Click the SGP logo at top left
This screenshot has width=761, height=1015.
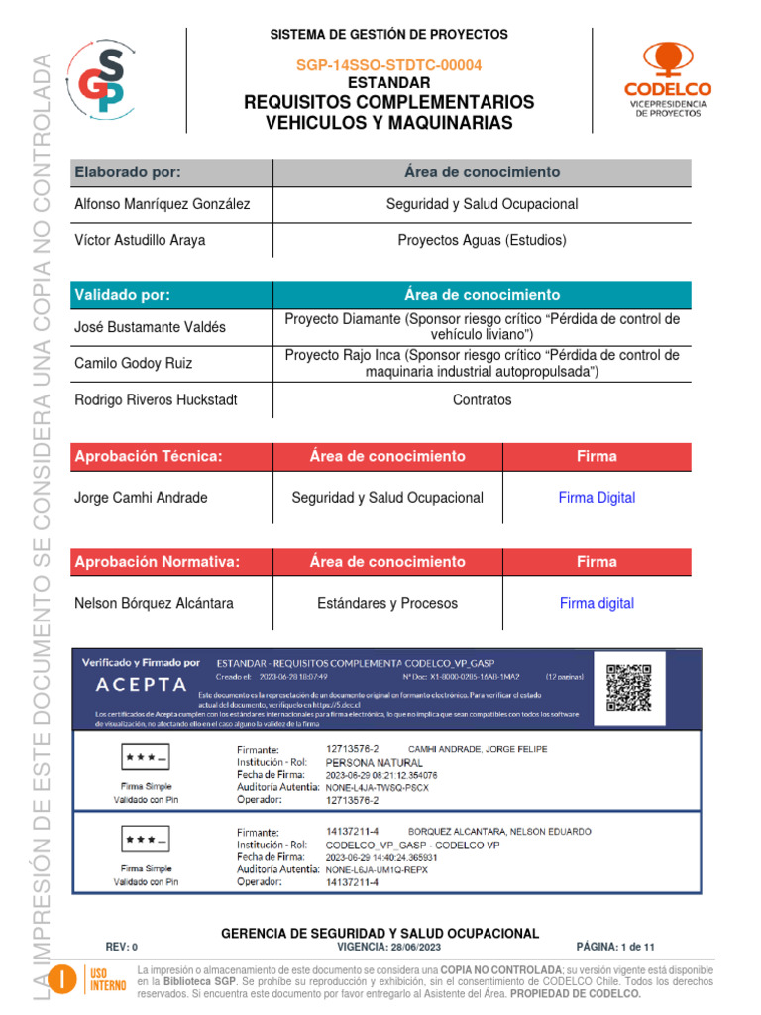(x=98, y=78)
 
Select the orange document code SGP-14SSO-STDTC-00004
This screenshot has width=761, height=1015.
(x=389, y=65)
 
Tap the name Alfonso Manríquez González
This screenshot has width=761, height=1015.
(x=163, y=204)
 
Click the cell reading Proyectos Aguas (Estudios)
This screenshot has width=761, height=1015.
(x=482, y=240)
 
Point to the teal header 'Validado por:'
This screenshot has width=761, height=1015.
(x=123, y=295)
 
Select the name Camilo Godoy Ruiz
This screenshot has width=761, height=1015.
(x=134, y=363)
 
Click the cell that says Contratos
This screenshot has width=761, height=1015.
(x=482, y=400)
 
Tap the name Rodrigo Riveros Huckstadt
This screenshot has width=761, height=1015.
(x=156, y=400)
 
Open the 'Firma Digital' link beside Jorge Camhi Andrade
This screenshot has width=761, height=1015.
(x=597, y=498)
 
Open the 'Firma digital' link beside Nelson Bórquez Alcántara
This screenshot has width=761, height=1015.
(x=597, y=603)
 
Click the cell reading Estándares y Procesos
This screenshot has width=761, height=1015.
(x=387, y=603)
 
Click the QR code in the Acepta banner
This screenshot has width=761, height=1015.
(x=629, y=687)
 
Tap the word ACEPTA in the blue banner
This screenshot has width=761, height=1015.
(x=142, y=685)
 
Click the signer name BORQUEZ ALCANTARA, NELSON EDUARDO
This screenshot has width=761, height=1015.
(x=499, y=831)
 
